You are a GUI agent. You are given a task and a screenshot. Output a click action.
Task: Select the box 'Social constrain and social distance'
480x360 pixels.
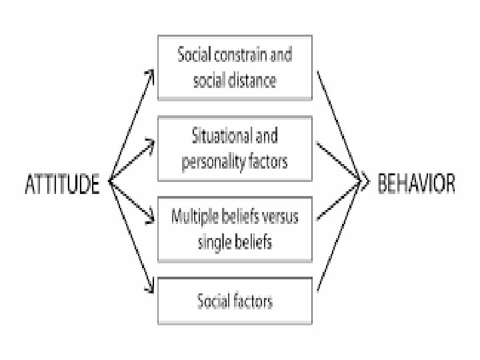click(x=235, y=69)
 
